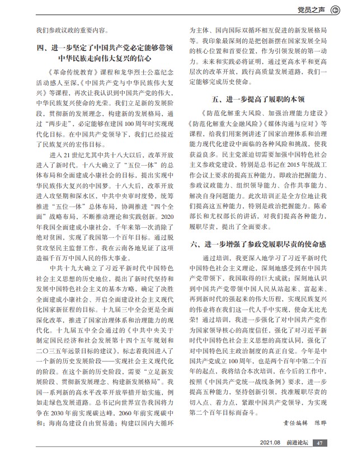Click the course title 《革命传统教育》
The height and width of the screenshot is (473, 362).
click(x=69, y=72)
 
